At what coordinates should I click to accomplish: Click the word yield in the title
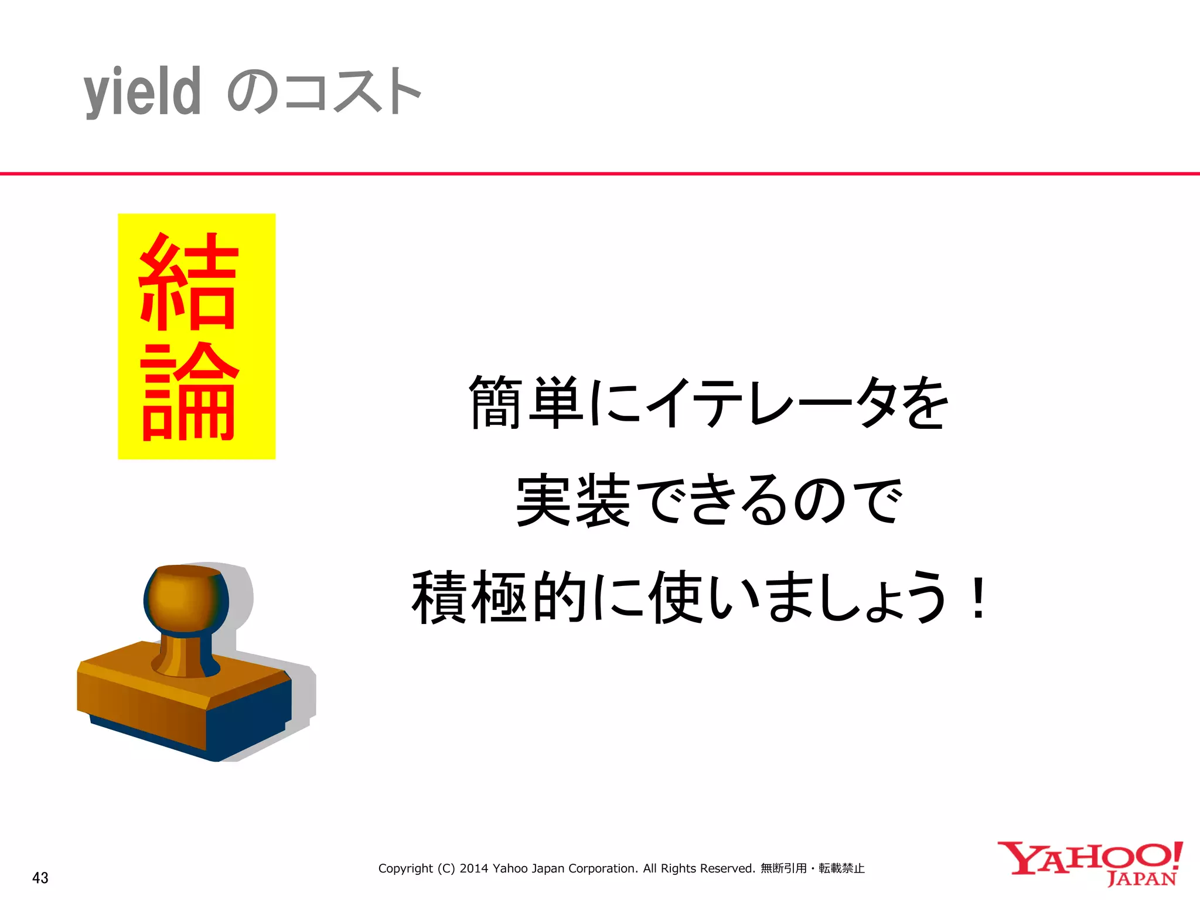point(142,93)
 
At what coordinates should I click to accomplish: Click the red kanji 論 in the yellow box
point(189,391)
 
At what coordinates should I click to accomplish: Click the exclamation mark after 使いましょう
point(978,597)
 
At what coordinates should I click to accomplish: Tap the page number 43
point(40,878)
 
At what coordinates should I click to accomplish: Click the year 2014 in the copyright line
point(473,868)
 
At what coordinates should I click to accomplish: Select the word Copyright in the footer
point(405,868)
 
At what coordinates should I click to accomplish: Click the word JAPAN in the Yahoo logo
point(1142,879)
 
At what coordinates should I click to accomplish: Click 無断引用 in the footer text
point(783,868)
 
